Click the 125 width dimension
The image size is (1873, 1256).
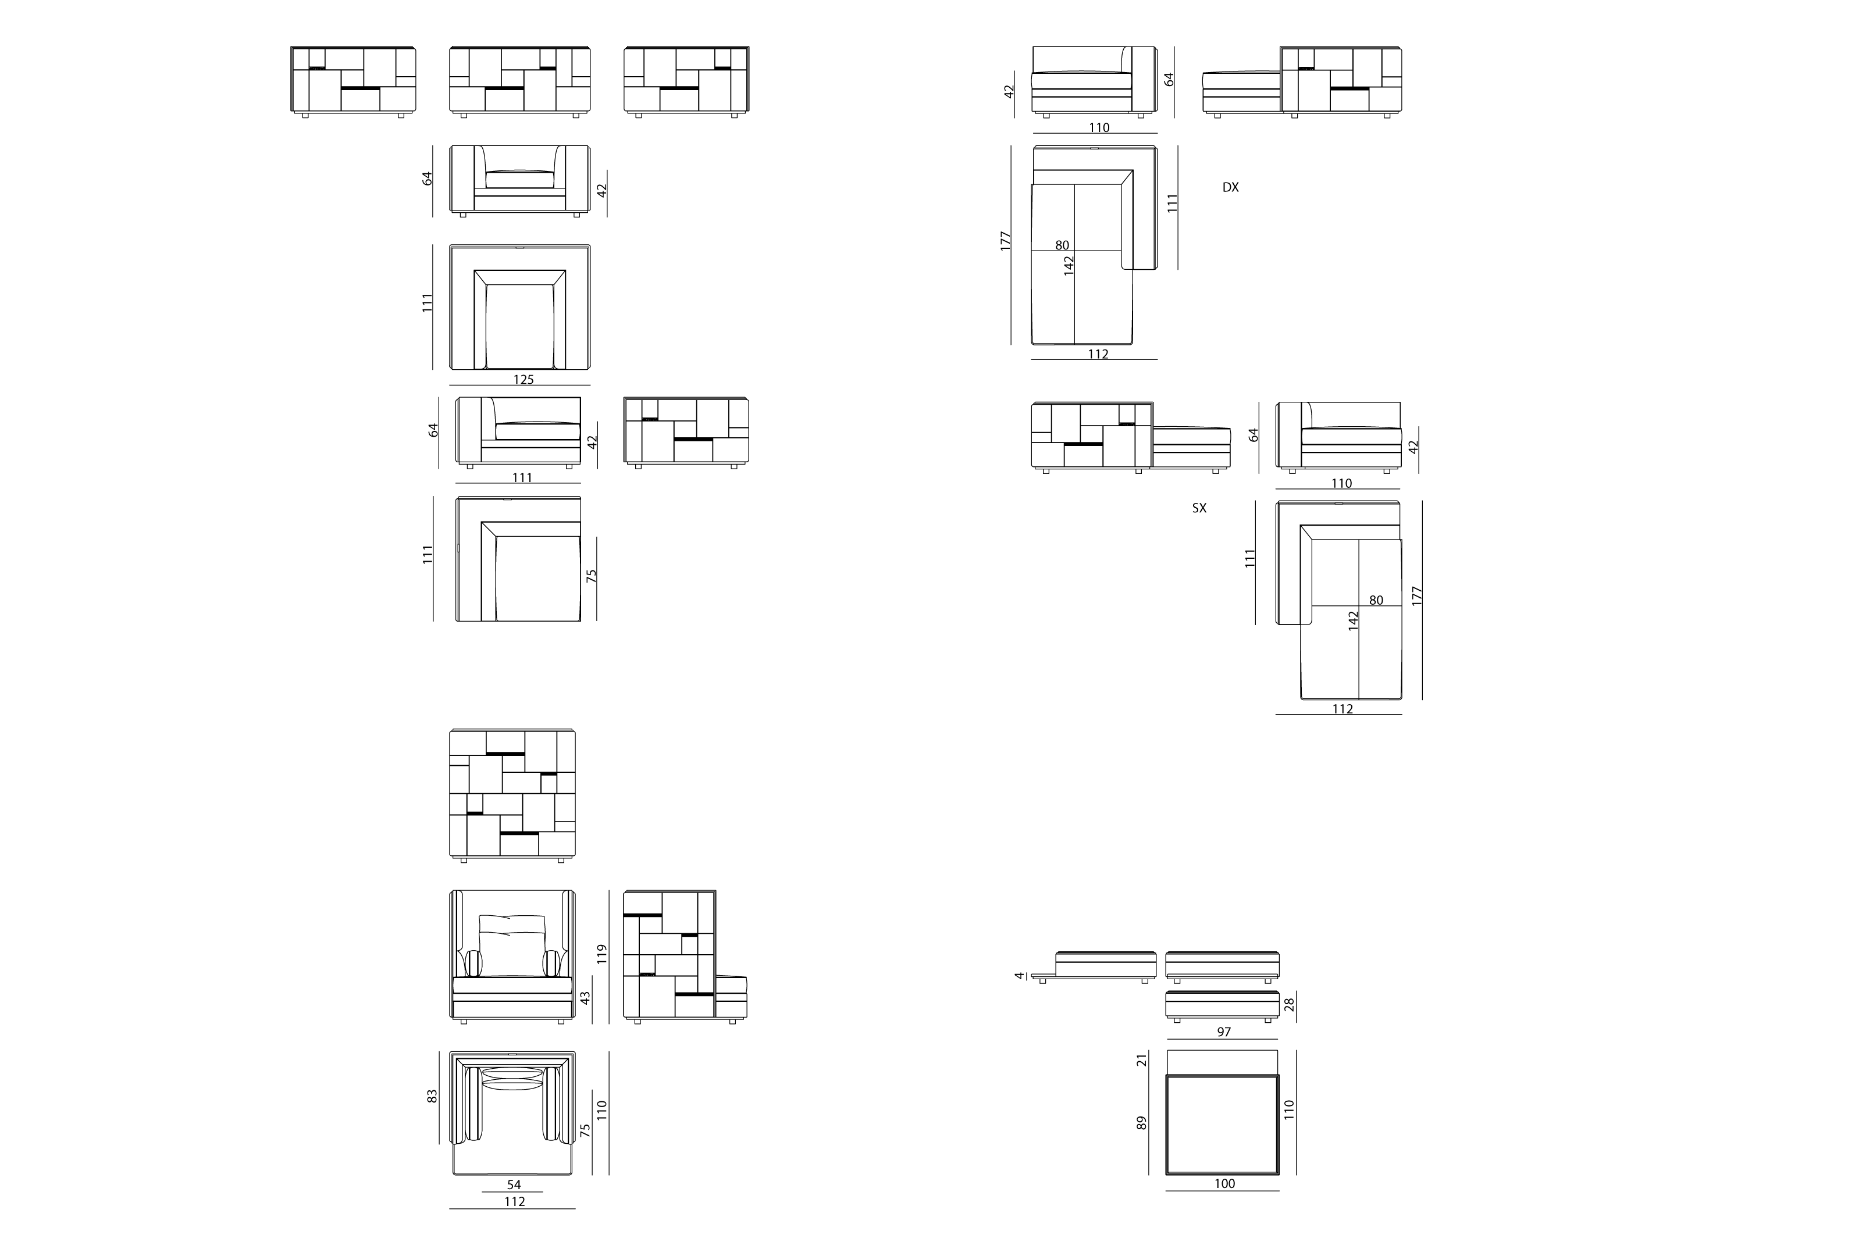pos(523,380)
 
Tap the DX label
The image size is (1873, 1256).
pos(1230,187)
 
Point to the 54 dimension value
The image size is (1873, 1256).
pos(514,1184)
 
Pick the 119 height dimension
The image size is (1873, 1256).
pos(603,953)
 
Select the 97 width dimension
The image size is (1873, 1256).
pos(1223,1032)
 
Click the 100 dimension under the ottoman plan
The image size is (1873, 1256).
pos(1224,1183)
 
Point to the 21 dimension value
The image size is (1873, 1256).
pos(1142,1059)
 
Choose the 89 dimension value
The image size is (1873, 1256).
pos(1142,1123)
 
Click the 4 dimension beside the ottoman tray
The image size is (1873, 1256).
pos(1019,976)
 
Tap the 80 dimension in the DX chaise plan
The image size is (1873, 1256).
pos(1062,245)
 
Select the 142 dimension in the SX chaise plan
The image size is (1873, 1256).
pos(1354,621)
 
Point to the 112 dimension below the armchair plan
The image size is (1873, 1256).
pos(514,1201)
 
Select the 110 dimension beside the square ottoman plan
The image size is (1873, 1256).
pos(1289,1109)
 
